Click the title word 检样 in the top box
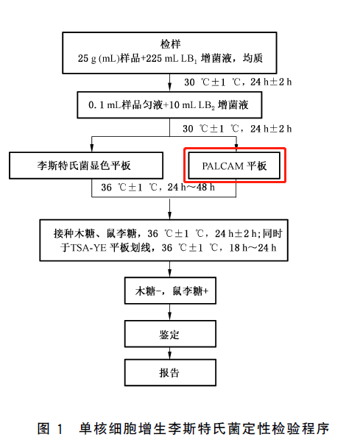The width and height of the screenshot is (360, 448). tap(170, 44)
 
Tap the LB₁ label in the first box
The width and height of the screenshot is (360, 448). tap(188, 59)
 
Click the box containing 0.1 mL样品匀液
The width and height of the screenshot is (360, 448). tap(169, 105)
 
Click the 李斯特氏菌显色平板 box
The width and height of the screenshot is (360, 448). tap(86, 166)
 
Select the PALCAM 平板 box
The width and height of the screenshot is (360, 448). tap(234, 166)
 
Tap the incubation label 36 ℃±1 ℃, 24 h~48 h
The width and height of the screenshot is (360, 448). tap(158, 188)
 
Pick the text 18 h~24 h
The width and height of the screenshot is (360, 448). tap(253, 247)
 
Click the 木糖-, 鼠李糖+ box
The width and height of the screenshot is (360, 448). tap(170, 291)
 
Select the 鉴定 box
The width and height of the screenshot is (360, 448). tap(170, 334)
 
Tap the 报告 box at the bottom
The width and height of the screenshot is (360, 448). tap(170, 372)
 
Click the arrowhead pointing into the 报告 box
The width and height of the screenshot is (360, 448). tap(170, 356)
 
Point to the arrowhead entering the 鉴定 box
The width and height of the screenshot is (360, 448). tap(170, 317)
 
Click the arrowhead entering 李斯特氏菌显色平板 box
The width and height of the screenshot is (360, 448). tap(91, 149)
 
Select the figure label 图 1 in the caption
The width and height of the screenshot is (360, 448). tap(50, 429)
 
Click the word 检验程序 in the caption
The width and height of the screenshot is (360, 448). tap(300, 429)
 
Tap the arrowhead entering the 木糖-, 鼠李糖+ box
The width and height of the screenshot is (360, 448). tap(170, 274)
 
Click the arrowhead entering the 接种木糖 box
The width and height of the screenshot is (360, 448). tap(170, 216)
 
